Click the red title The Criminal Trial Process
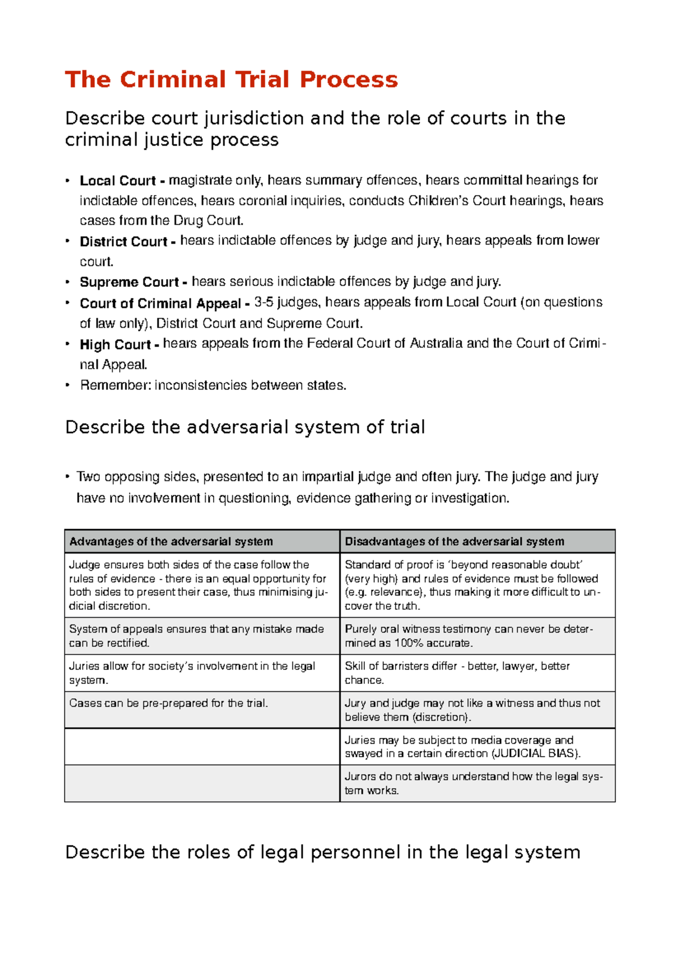tap(231, 79)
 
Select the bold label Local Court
tap(117, 181)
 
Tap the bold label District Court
tap(124, 242)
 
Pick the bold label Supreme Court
tap(129, 282)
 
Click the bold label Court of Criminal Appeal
tap(160, 303)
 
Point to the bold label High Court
tap(115, 344)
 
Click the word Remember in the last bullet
tap(115, 386)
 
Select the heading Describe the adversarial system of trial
tap(245, 427)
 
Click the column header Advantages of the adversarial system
tap(171, 542)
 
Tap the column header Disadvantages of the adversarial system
tap(454, 542)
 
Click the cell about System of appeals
tap(196, 636)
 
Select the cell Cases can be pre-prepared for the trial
tap(168, 703)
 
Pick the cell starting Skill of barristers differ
tap(457, 673)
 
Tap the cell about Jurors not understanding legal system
tap(473, 783)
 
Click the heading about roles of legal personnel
tap(322, 852)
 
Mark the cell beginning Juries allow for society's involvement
tap(192, 673)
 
